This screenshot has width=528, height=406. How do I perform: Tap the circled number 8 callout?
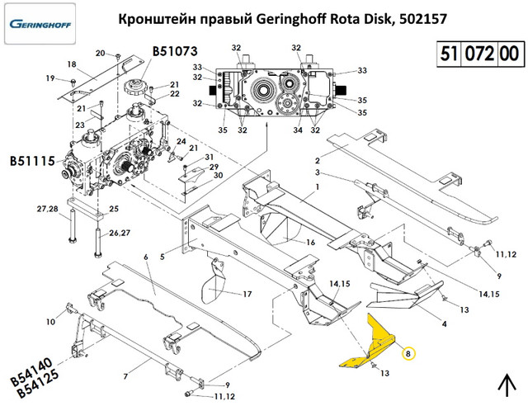(x=409, y=353)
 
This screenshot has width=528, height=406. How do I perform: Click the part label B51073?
(x=174, y=52)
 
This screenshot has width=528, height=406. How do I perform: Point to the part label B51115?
(x=32, y=160)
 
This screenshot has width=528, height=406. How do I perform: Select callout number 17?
(x=247, y=294)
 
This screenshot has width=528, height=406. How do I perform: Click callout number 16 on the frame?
(x=311, y=243)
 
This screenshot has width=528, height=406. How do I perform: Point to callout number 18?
(x=71, y=64)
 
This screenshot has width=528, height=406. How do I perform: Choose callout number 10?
(x=49, y=321)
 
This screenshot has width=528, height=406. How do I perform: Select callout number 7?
(x=125, y=376)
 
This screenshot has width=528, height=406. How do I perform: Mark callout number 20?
(x=101, y=54)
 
